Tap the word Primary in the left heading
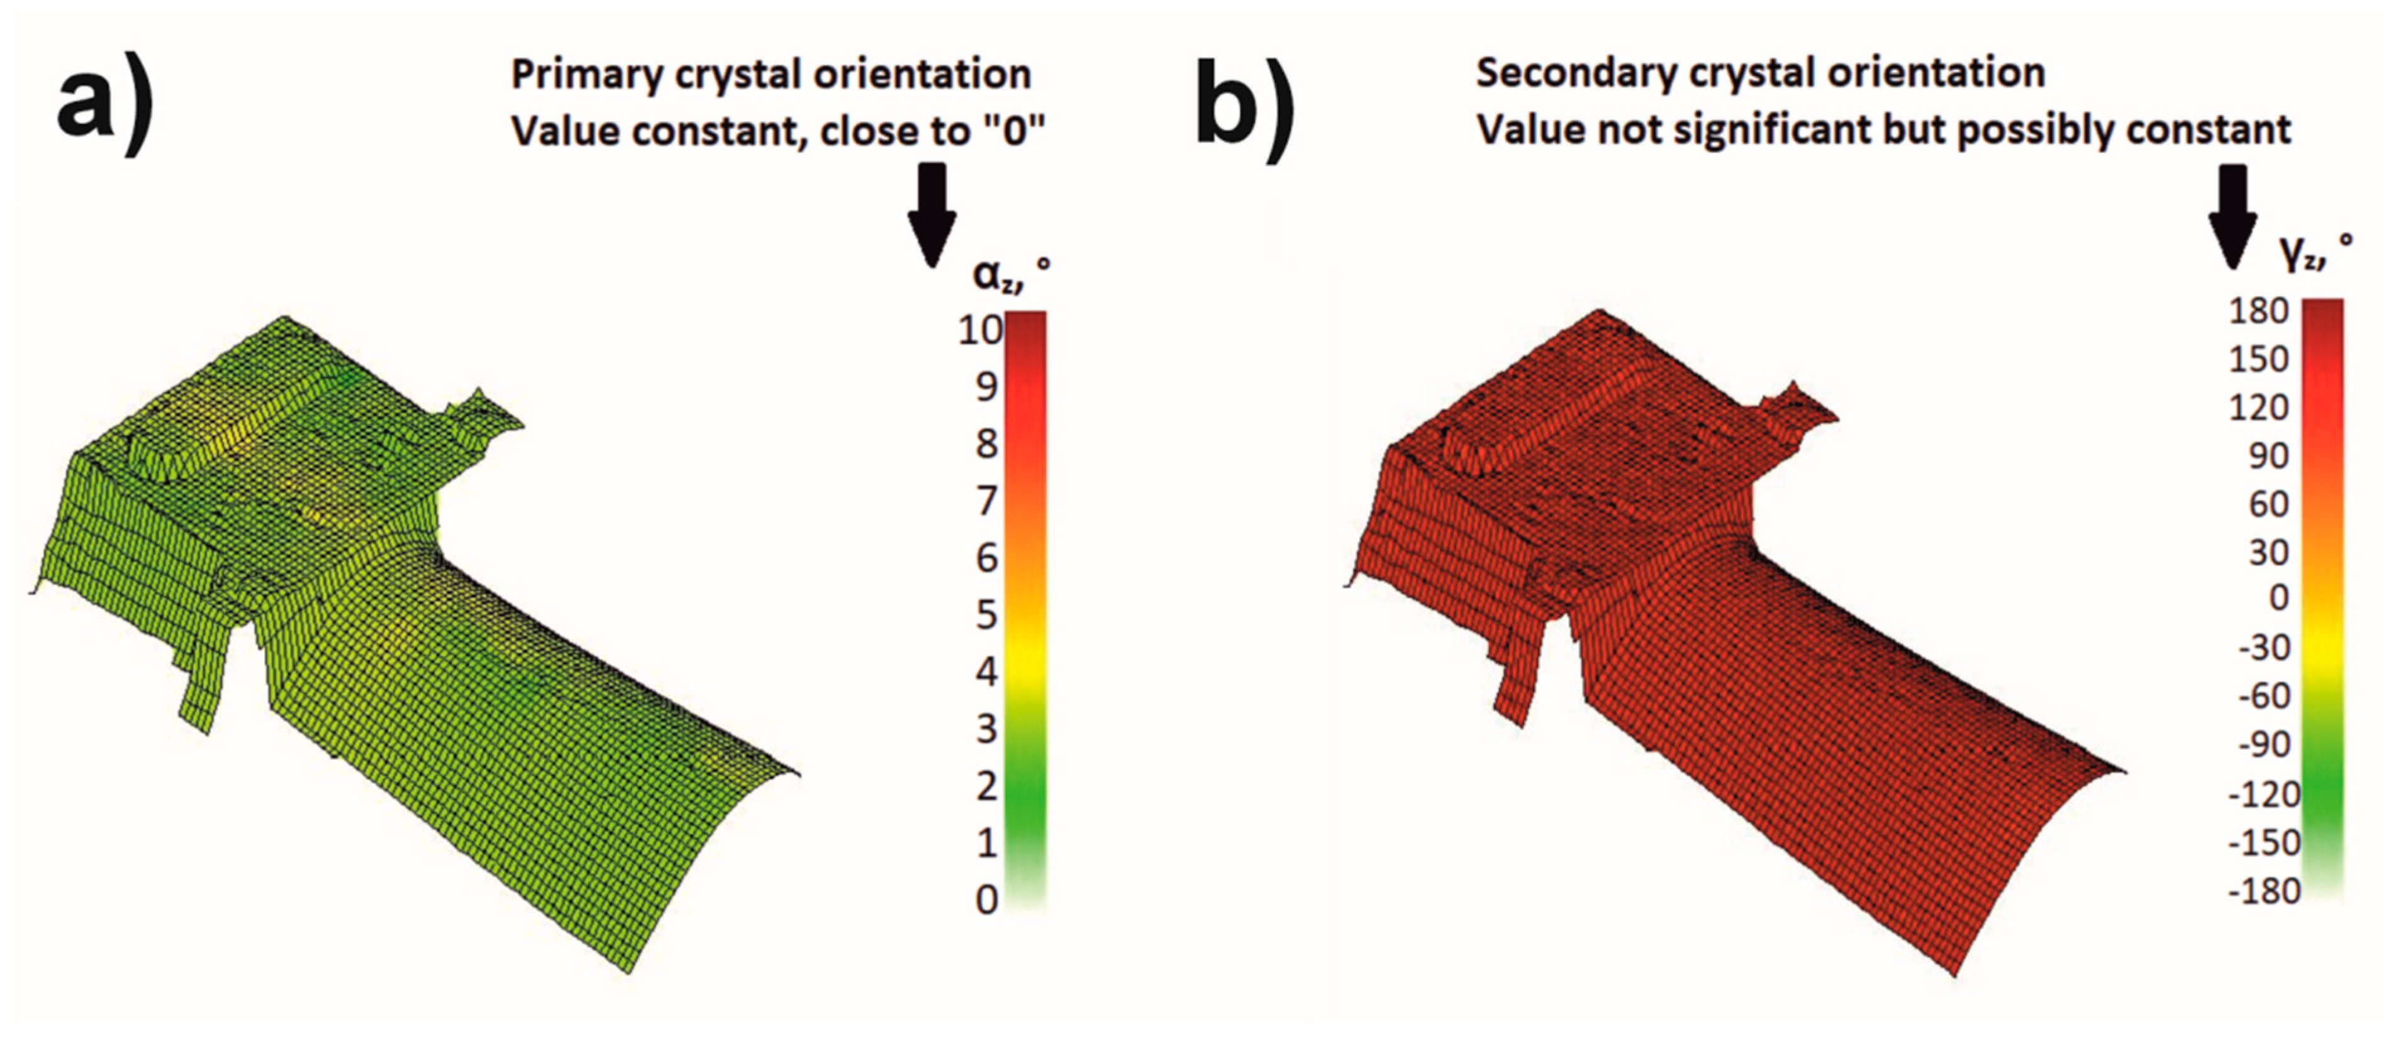(x=588, y=74)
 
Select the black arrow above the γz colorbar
(x=2232, y=216)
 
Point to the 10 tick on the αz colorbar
(x=980, y=330)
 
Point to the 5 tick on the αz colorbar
(x=987, y=615)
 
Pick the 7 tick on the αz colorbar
(x=987, y=501)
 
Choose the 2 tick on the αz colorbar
(x=987, y=786)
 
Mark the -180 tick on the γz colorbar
(x=2264, y=891)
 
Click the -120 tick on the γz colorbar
(x=2264, y=794)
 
